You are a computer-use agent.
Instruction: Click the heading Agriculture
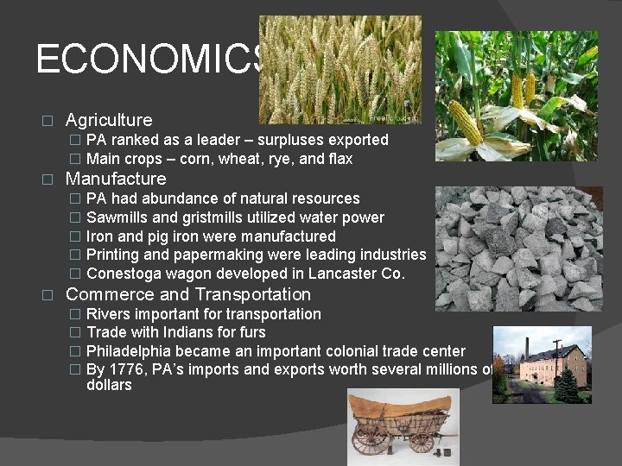[109, 120]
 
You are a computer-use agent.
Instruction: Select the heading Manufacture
[116, 179]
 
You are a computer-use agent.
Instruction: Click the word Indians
[192, 332]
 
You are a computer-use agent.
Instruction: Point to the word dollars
[109, 385]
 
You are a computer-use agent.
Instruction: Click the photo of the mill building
[542, 364]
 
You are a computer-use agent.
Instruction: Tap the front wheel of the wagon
[371, 439]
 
